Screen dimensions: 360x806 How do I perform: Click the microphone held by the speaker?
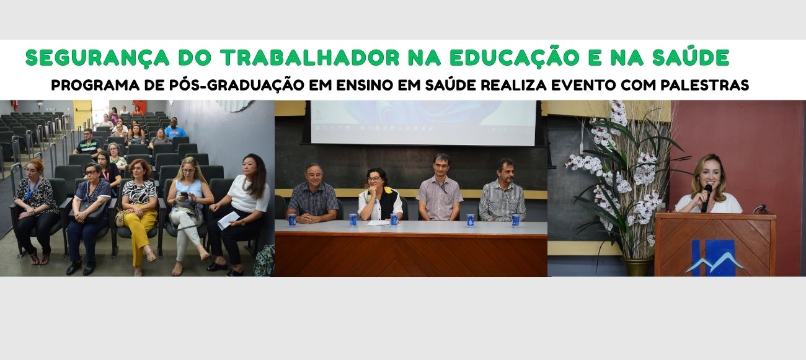706,197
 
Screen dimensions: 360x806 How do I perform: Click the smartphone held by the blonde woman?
184,195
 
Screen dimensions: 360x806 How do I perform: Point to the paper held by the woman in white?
228,220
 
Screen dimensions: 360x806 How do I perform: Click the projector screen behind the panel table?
423,122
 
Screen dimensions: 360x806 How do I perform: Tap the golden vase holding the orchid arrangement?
637,266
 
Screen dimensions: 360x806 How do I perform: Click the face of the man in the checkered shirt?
314,174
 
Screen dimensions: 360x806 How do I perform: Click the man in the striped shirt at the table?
502,192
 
